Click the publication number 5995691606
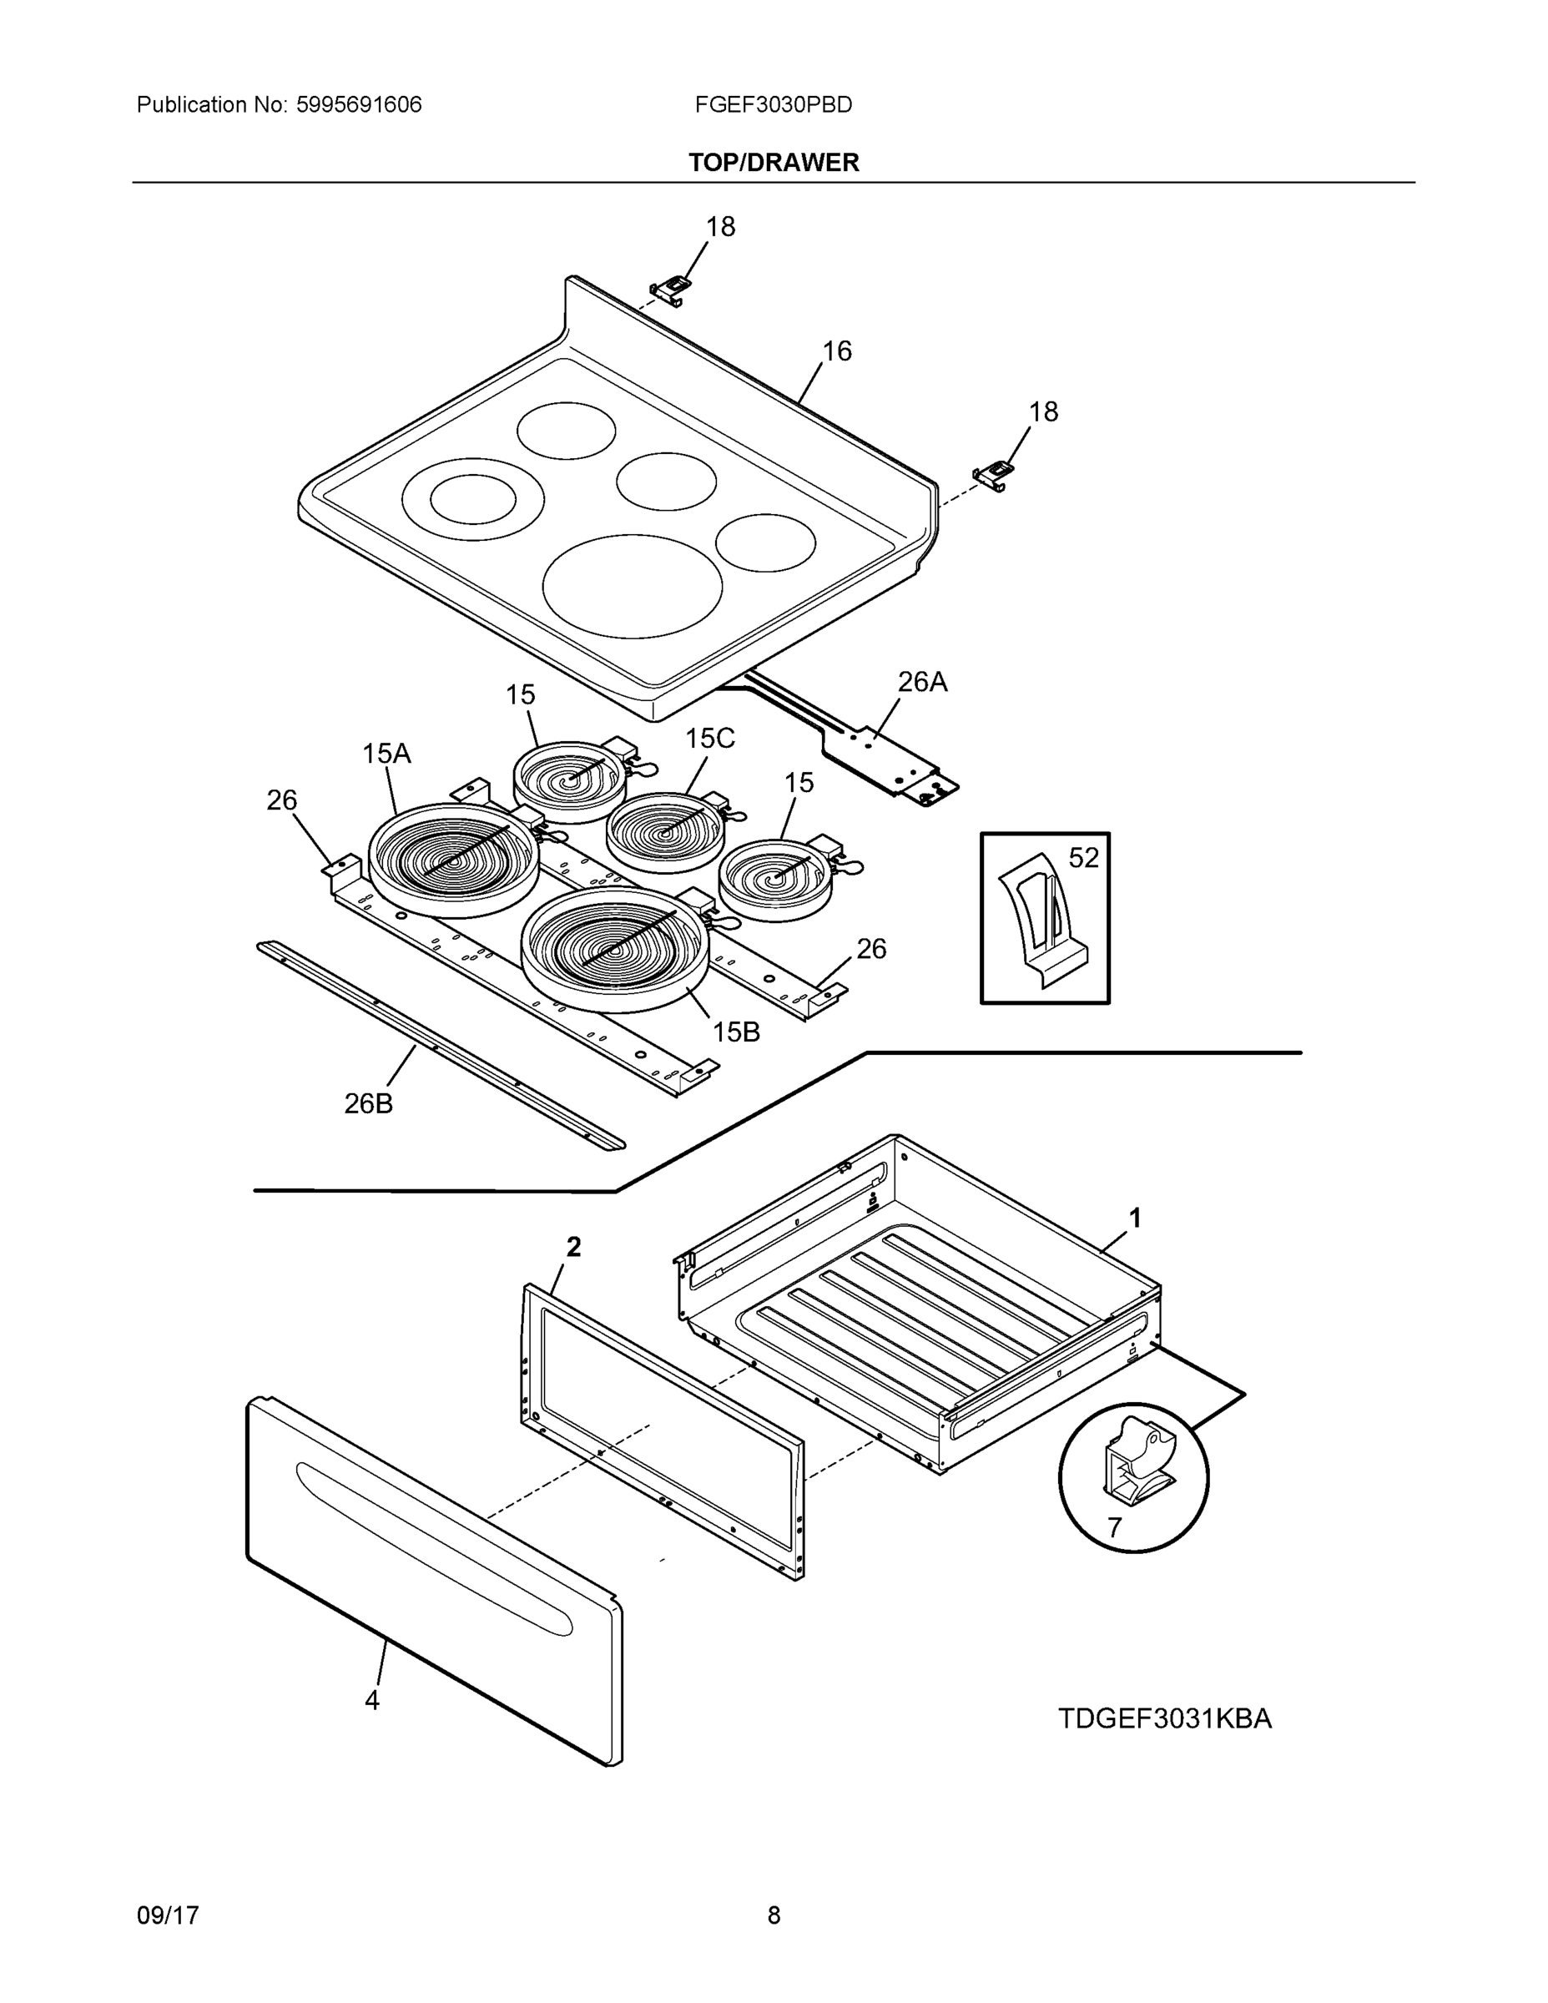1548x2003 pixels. coord(358,104)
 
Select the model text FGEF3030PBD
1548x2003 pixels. coord(773,104)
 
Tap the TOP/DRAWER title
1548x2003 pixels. coord(773,163)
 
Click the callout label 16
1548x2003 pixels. coord(836,351)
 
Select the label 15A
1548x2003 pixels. coord(386,754)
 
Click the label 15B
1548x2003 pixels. coord(736,1032)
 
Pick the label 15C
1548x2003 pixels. coord(710,739)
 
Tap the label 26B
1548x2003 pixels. coord(369,1103)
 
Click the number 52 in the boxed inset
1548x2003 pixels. coord(1083,857)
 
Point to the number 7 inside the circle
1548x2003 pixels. coord(1114,1527)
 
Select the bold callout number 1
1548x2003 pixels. coord(1134,1218)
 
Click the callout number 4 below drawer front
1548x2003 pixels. coord(371,1699)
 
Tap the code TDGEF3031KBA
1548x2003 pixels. coord(1165,1718)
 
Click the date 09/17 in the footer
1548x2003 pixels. coord(168,1915)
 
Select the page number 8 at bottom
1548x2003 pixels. coord(773,1915)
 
